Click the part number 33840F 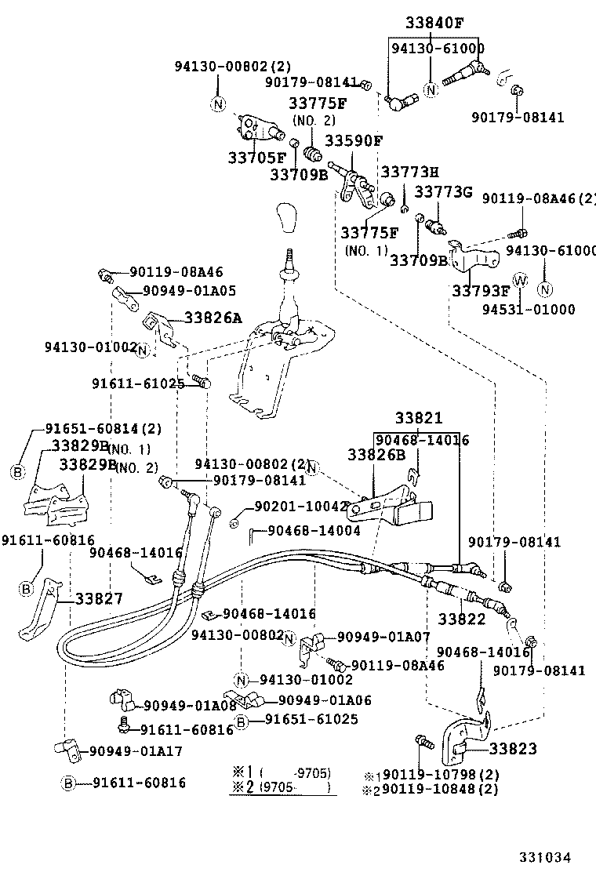[434, 23]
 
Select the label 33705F [256, 158]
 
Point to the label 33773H [409, 172]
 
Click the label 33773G [443, 192]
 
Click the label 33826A [213, 318]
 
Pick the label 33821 [418, 419]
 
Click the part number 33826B [376, 454]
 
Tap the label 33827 [99, 599]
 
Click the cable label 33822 [461, 619]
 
